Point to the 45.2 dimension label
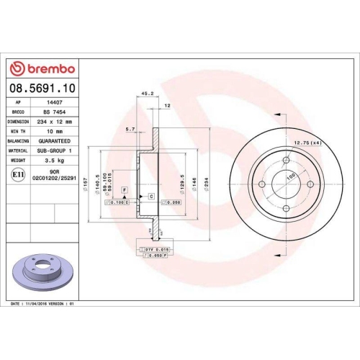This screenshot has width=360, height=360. [x=148, y=94]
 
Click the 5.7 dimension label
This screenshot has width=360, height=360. [x=130, y=130]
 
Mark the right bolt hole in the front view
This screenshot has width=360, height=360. [x=310, y=184]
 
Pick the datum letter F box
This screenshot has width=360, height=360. [x=125, y=188]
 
